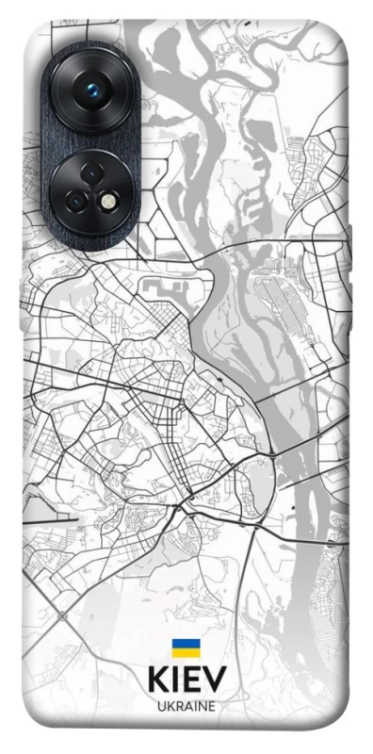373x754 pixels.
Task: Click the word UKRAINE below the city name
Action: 186,705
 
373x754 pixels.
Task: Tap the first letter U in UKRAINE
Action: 160,705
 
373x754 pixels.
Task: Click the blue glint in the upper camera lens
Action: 92,90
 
